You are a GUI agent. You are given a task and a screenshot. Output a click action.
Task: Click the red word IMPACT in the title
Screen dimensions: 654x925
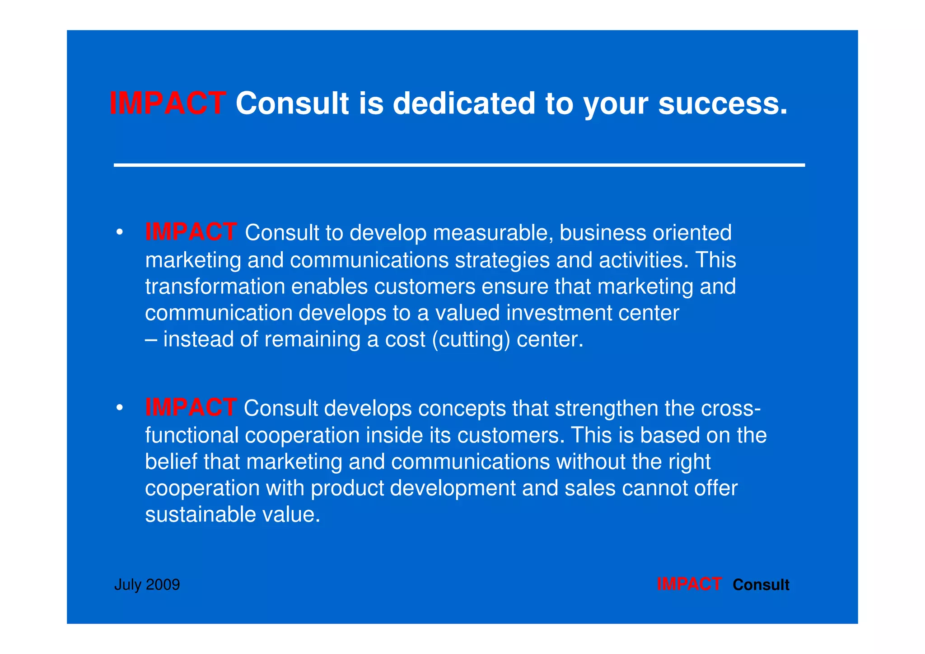[168, 104]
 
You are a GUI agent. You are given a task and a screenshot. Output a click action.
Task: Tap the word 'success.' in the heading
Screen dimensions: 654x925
[723, 104]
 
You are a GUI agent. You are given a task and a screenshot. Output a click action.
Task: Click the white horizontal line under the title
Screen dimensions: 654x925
[459, 165]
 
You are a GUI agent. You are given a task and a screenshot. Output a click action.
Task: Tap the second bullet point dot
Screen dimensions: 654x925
[119, 409]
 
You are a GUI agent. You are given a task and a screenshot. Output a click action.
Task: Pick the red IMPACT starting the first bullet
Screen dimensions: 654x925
[191, 232]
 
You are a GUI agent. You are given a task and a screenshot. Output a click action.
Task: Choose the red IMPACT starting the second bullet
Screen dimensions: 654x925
[191, 408]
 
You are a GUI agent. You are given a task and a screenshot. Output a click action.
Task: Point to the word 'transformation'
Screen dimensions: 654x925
[215, 287]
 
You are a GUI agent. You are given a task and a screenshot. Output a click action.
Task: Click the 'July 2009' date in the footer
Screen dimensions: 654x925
[147, 585]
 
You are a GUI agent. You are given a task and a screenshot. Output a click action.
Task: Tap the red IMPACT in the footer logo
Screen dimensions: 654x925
[689, 584]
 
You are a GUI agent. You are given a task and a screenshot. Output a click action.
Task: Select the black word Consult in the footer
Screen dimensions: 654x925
[761, 585]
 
